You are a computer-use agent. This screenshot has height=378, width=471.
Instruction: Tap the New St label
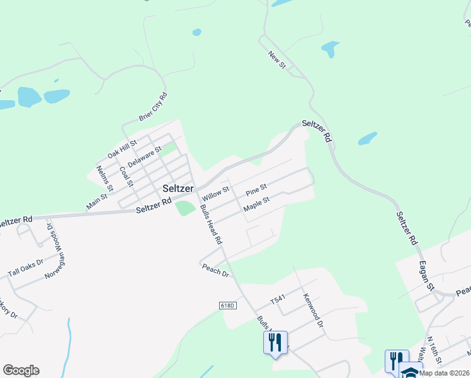[277, 60]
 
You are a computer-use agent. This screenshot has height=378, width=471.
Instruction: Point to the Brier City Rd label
[154, 107]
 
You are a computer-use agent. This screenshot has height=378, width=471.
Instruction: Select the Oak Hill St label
[122, 149]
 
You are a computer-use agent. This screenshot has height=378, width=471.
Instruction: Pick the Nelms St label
[105, 178]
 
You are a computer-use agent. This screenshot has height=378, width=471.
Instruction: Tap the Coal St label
[127, 176]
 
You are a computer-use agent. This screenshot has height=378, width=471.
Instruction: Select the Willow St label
[215, 188]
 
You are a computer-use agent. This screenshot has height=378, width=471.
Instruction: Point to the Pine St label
[256, 188]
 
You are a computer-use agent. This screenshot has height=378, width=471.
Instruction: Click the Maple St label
[256, 203]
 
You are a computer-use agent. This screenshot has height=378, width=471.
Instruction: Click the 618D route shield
[228, 306]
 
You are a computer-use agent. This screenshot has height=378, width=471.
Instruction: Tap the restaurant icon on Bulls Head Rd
[275, 342]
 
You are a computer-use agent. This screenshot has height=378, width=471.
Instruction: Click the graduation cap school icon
[411, 372]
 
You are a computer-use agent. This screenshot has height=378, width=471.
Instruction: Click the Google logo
[21, 370]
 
